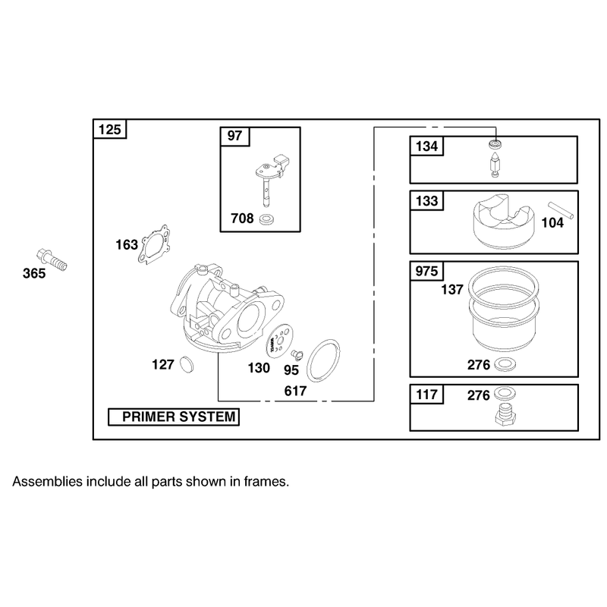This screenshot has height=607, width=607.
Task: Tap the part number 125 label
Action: (109, 129)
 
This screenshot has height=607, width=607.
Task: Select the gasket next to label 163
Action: (154, 244)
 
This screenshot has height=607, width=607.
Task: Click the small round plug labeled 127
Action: (187, 364)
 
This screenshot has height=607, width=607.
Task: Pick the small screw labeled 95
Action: (297, 354)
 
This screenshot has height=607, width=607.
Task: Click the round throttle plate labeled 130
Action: (279, 341)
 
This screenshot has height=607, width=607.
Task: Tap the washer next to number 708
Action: (266, 220)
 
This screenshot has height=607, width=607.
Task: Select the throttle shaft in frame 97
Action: (271, 179)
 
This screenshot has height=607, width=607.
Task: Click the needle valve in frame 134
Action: (495, 164)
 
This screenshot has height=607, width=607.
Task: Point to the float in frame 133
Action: (504, 221)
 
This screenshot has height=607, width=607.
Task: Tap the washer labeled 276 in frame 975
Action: (503, 364)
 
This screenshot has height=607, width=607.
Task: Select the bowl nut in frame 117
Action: (505, 414)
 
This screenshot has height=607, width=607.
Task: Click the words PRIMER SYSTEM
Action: (179, 417)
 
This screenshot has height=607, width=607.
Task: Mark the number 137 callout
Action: (451, 289)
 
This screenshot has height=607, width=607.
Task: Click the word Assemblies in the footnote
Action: (48, 482)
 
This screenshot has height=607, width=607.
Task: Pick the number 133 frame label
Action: (426, 200)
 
